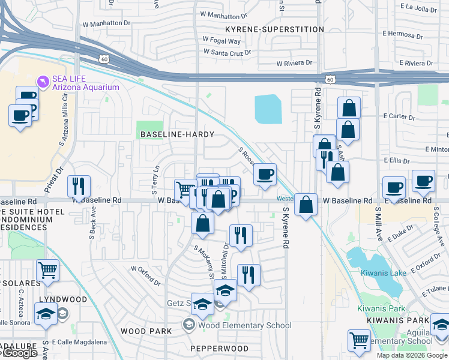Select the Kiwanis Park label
click(x=381, y=308)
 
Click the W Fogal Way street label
click(x=221, y=41)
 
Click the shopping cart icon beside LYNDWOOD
click(x=47, y=269)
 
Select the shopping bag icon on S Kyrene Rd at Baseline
click(x=306, y=205)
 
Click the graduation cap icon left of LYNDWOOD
click(x=46, y=314)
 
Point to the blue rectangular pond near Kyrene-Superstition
click(x=268, y=109)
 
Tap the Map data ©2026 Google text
click(x=412, y=355)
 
